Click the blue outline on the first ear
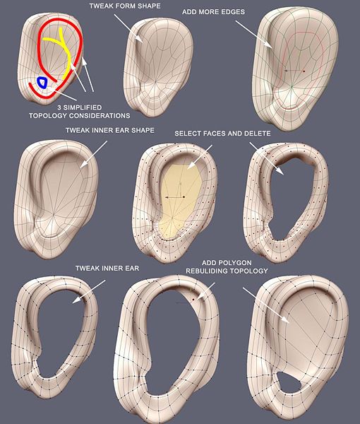[x=38, y=83]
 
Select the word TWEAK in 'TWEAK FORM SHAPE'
[x=100, y=6]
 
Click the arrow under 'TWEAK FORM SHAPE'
[x=128, y=28]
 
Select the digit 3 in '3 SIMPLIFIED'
[x=59, y=107]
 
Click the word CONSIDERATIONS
[x=100, y=116]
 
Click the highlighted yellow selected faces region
[x=179, y=201]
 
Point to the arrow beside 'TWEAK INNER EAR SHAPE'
[x=93, y=154]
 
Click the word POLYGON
[x=234, y=263]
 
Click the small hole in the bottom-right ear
[x=288, y=382]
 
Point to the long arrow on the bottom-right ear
[x=266, y=305]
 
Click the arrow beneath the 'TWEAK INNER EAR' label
[x=89, y=292]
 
